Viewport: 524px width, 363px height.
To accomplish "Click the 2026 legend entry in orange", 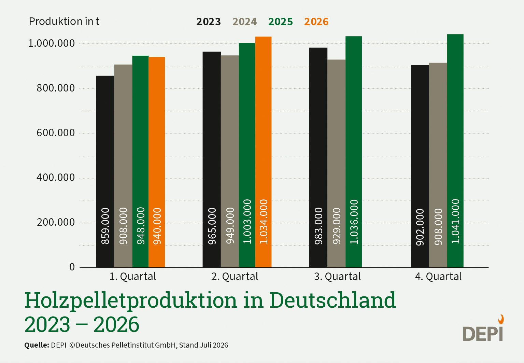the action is point(316,22).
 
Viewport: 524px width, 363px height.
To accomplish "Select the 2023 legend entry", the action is point(209,22).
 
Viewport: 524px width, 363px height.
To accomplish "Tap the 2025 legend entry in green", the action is point(281,22).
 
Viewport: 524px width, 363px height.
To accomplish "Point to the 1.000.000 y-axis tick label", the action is point(52,43).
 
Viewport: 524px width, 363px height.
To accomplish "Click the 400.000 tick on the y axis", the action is point(56,178).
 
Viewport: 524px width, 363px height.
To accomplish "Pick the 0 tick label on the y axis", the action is point(72,267).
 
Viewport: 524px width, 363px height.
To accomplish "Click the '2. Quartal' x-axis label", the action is point(235,276).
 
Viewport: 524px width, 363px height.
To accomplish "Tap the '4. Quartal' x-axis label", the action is point(438,276).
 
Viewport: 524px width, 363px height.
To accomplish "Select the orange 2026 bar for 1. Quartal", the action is point(157,162).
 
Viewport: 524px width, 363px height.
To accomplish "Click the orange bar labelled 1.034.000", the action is point(263,152).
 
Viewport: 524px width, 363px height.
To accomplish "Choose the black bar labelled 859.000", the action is point(105,171).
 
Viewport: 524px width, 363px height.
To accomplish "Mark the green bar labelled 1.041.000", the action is point(455,151).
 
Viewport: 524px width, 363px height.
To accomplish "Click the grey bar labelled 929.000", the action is point(336,163).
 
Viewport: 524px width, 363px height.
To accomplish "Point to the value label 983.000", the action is point(318,226).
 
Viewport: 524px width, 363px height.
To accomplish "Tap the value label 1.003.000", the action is point(247,222).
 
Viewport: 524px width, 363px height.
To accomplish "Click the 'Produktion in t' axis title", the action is point(64,22).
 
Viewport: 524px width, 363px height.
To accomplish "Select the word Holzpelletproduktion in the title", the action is point(131,301).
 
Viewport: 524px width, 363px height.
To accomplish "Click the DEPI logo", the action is point(483,328).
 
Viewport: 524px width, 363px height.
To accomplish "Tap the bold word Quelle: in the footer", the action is point(37,345).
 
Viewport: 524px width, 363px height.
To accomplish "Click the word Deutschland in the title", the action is point(333,300).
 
